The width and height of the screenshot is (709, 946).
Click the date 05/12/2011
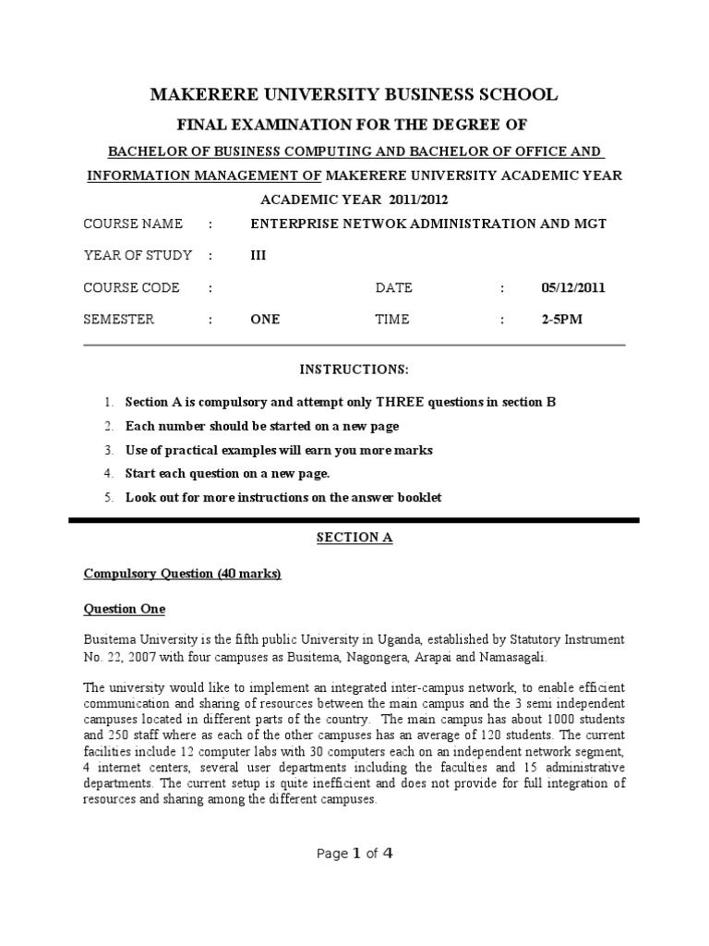pyautogui.click(x=572, y=287)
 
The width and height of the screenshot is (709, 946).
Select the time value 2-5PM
pyautogui.click(x=561, y=320)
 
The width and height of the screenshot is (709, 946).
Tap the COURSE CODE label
pyautogui.click(x=132, y=287)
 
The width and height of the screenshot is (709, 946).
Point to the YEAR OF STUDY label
pyautogui.click(x=138, y=255)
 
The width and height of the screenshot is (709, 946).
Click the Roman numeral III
pyautogui.click(x=258, y=255)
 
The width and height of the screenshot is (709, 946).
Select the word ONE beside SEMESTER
pyautogui.click(x=265, y=320)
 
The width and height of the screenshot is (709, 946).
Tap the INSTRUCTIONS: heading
pyautogui.click(x=354, y=370)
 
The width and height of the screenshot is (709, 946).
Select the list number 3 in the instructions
pyautogui.click(x=107, y=450)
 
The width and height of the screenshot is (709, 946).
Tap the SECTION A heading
pyautogui.click(x=354, y=538)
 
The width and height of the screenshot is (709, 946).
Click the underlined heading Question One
pyautogui.click(x=125, y=609)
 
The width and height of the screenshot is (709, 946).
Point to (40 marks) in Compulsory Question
pyautogui.click(x=249, y=574)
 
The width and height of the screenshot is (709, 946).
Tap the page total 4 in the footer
pyautogui.click(x=388, y=853)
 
